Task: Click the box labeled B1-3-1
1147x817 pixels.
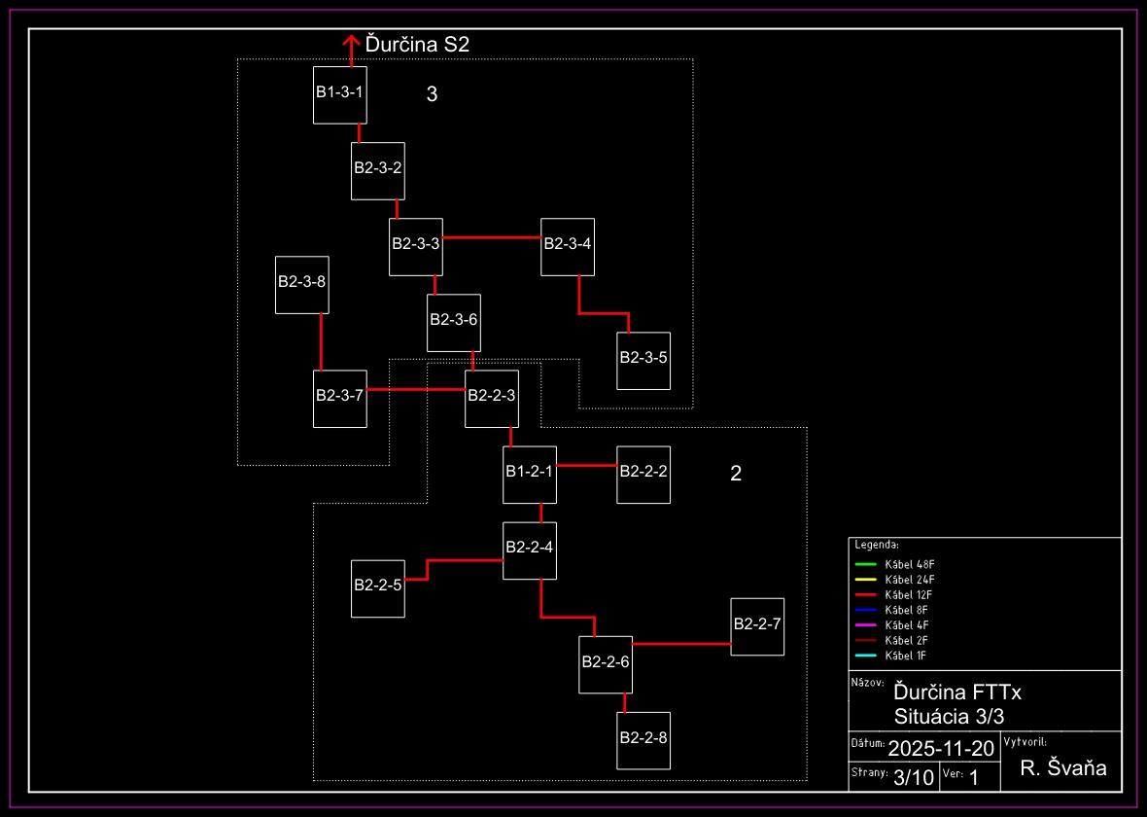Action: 339,95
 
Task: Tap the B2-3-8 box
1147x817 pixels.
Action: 301,285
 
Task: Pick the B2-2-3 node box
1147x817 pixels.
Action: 491,399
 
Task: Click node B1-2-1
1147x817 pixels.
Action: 530,475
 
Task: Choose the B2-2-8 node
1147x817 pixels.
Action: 643,741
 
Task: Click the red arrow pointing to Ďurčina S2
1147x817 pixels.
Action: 351,49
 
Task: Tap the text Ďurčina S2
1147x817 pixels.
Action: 418,44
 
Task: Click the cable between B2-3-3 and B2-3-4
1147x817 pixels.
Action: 492,237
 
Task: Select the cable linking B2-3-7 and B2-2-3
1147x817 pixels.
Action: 416,390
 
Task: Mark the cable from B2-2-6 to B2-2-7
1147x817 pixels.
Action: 681,644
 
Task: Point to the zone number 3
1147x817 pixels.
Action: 433,94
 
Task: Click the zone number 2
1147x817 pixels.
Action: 736,474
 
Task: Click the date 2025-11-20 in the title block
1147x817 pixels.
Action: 941,748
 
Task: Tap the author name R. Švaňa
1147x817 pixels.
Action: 1063,768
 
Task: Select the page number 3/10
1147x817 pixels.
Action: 913,777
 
